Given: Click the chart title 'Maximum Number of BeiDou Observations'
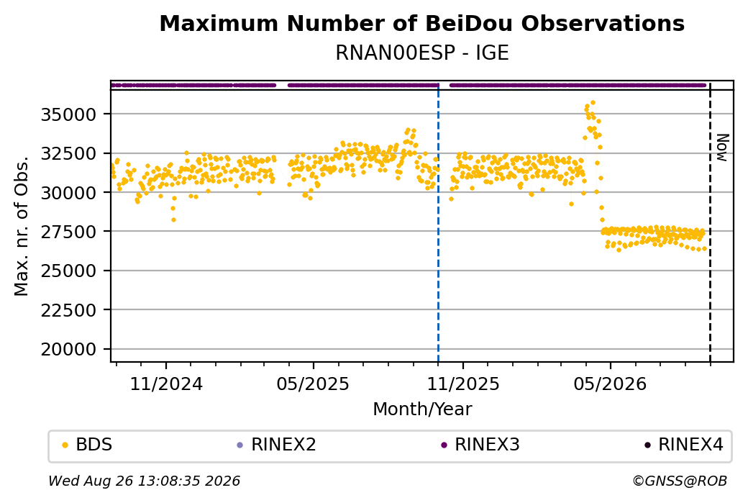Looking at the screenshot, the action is pyautogui.click(x=421, y=24).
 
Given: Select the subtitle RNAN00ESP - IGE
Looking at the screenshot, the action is pyautogui.click(x=421, y=53).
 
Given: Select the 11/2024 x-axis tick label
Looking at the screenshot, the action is pyautogui.click(x=166, y=384).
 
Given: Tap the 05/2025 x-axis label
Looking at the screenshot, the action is pyautogui.click(x=313, y=384).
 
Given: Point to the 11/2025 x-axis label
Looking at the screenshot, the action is pyautogui.click(x=462, y=384).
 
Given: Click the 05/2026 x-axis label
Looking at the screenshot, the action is pyautogui.click(x=610, y=384).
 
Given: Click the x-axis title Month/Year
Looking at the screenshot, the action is pyautogui.click(x=422, y=409).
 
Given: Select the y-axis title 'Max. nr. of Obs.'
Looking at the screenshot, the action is pyautogui.click(x=21, y=226).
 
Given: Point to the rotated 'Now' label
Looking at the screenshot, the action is pyautogui.click(x=723, y=148).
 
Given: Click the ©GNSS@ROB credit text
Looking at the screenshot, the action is pyautogui.click(x=680, y=481).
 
